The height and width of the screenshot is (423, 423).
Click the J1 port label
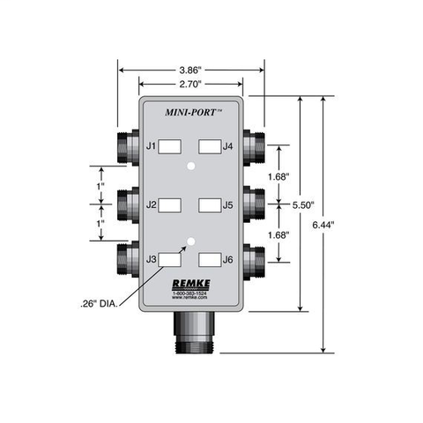pos(152,145)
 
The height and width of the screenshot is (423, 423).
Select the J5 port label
pos(228,205)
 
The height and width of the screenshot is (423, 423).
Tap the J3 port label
pos(152,259)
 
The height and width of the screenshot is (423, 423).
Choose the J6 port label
pos(228,259)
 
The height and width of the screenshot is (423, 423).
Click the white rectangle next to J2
pos(170,205)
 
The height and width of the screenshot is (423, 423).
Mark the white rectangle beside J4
pos(209,145)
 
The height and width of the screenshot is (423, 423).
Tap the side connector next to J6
pos(257,260)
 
